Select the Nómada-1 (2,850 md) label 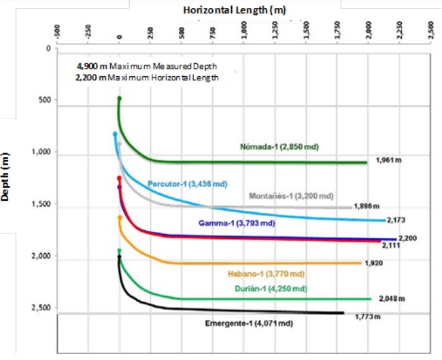point(279,146)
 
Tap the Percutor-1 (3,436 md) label point(187,184)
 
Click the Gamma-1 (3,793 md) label point(237,223)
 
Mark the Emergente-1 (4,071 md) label point(249,324)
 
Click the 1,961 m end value point(390,161)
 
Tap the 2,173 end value point(396,221)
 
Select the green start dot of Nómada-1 point(120,99)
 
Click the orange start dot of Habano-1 point(120,218)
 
